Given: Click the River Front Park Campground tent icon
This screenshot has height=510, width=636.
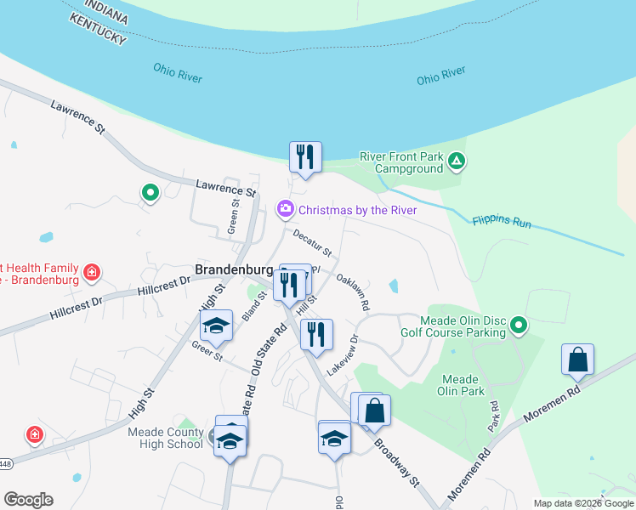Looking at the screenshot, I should click(x=457, y=161).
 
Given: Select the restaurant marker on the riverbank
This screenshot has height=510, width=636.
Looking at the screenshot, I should click(x=305, y=157).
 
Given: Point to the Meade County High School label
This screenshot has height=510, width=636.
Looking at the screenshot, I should click(x=165, y=437).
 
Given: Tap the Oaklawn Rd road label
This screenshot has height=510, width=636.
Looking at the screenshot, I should click(x=353, y=292).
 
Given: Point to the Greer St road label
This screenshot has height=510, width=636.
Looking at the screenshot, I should click(x=207, y=351).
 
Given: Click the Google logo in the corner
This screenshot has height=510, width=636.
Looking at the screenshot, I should click(x=28, y=500).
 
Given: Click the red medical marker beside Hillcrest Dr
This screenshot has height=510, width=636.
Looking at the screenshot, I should click(x=92, y=275).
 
